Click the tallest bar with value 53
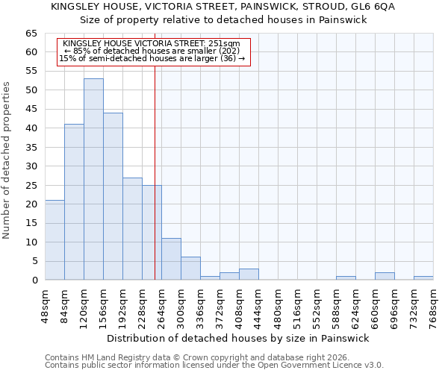pos(93,179)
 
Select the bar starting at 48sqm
pos(55,240)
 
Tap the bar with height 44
pos(113,196)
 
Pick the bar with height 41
pos(74,202)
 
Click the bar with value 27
pos(132,228)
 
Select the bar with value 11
pos(171,259)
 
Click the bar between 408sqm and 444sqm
pos(249,274)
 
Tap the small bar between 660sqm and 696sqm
pos(385,276)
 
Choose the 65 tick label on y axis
pos(31,34)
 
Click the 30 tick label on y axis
pos(31,166)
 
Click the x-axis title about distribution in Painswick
pos(238,338)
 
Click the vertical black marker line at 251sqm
pos(155,186)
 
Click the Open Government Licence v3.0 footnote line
pos(214,366)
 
